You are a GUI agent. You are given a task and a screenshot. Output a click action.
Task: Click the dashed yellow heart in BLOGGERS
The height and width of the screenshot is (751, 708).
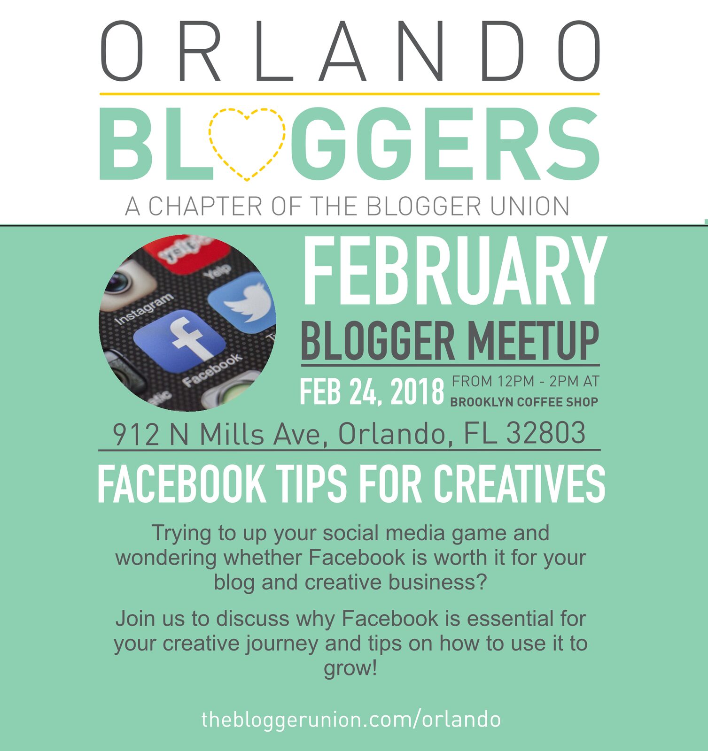click(x=210, y=141)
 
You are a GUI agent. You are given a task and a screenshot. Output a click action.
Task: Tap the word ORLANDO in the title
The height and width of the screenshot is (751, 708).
click(x=350, y=51)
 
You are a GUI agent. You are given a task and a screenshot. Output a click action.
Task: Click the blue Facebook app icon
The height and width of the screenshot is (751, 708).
click(x=179, y=342)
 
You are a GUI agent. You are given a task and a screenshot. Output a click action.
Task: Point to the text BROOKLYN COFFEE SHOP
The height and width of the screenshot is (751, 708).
click(x=524, y=402)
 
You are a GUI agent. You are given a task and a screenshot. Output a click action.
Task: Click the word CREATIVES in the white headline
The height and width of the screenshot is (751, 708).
click(x=520, y=484)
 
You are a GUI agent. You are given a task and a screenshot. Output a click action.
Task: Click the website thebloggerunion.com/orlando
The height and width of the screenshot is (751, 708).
click(x=351, y=719)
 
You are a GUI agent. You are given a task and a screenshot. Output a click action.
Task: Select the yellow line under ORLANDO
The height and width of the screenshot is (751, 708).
click(x=350, y=94)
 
